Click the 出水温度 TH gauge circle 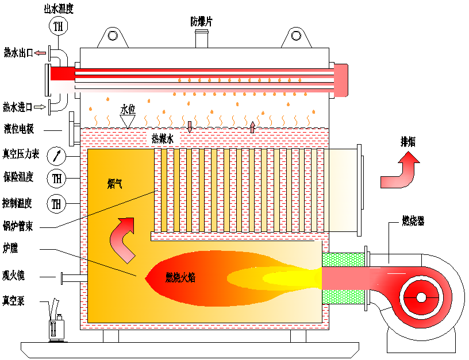pyautogui.click(x=57, y=25)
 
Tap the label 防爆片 pyautogui.click(x=203, y=21)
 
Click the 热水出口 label pyautogui.click(x=18, y=53)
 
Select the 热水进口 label pyautogui.click(x=17, y=107)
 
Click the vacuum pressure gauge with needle pyautogui.click(x=56, y=154)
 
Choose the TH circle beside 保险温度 pyautogui.click(x=56, y=178)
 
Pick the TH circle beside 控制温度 pyautogui.click(x=56, y=203)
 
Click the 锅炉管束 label pyautogui.click(x=17, y=226)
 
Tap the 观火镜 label pyautogui.click(x=14, y=275)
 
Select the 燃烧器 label pyautogui.click(x=414, y=220)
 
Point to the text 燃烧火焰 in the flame pyautogui.click(x=180, y=277)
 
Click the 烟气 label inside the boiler pyautogui.click(x=114, y=184)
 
